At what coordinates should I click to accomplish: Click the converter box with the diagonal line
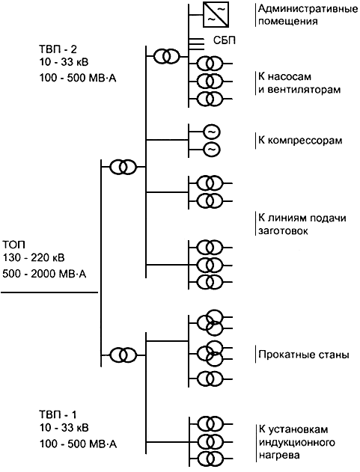216,14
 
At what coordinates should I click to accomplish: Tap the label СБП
224,40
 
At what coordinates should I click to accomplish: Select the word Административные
308,8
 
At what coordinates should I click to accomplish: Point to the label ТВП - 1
58,414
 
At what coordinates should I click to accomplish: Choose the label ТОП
14,244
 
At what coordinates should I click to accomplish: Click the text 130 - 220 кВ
34,257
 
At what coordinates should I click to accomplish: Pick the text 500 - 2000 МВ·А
44,274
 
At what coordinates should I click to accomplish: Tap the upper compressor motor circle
212,132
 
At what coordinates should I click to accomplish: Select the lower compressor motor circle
212,149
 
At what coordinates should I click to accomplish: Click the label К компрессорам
300,141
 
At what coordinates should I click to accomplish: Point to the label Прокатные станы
304,355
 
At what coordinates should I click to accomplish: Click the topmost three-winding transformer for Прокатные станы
210,322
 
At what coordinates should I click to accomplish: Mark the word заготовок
283,231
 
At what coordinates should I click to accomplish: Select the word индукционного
296,443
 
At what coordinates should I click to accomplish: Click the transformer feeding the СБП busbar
167,55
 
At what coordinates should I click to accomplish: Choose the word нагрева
279,455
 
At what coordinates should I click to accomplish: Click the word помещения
287,22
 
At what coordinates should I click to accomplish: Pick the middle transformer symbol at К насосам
210,81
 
